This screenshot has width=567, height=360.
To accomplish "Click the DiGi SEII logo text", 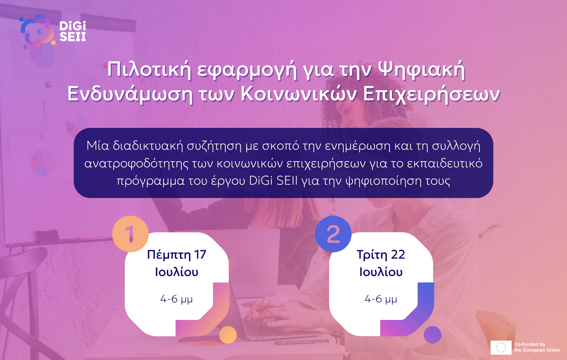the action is click(73, 31).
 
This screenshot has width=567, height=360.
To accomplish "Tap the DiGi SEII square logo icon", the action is click(37, 31).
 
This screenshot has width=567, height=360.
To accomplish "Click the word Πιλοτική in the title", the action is click(149, 70).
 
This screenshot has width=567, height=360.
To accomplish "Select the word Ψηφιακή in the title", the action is click(422, 70).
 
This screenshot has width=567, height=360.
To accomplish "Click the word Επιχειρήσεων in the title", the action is click(432, 95).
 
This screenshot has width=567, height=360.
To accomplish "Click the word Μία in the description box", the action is click(98, 146).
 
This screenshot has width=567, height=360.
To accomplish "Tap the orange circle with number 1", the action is click(130, 234).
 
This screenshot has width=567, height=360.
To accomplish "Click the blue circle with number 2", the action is click(333, 234).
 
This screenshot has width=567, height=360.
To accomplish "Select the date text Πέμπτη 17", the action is click(177, 255).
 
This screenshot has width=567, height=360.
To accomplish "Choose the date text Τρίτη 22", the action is click(381, 255).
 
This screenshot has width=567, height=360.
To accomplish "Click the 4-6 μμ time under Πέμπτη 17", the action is click(176, 299).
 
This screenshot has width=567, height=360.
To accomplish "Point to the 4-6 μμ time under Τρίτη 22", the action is click(381, 299).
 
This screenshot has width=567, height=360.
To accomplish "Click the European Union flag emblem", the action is click(501, 348).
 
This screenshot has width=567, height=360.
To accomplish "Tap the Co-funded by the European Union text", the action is click(537, 347).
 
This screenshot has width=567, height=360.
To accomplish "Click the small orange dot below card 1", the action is click(228, 335).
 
